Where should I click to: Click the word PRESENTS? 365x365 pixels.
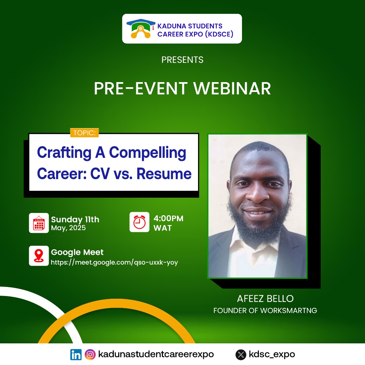182,60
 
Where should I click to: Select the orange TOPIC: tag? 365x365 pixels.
84,133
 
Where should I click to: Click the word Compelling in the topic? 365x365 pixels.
148,153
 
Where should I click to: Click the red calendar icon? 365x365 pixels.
39,223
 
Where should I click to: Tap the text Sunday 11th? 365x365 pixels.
75,219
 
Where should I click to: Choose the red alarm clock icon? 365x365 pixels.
139,222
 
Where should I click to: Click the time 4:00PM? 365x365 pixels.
168,218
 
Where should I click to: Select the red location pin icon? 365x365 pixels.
39,256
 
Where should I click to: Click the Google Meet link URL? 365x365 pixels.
114,262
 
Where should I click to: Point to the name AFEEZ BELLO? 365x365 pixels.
265,299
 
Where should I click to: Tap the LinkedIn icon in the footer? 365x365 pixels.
76,355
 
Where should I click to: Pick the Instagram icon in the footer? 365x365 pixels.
90,355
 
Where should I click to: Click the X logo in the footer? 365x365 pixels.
241,355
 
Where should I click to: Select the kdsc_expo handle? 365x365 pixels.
272,355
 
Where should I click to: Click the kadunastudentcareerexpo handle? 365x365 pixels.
156,355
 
